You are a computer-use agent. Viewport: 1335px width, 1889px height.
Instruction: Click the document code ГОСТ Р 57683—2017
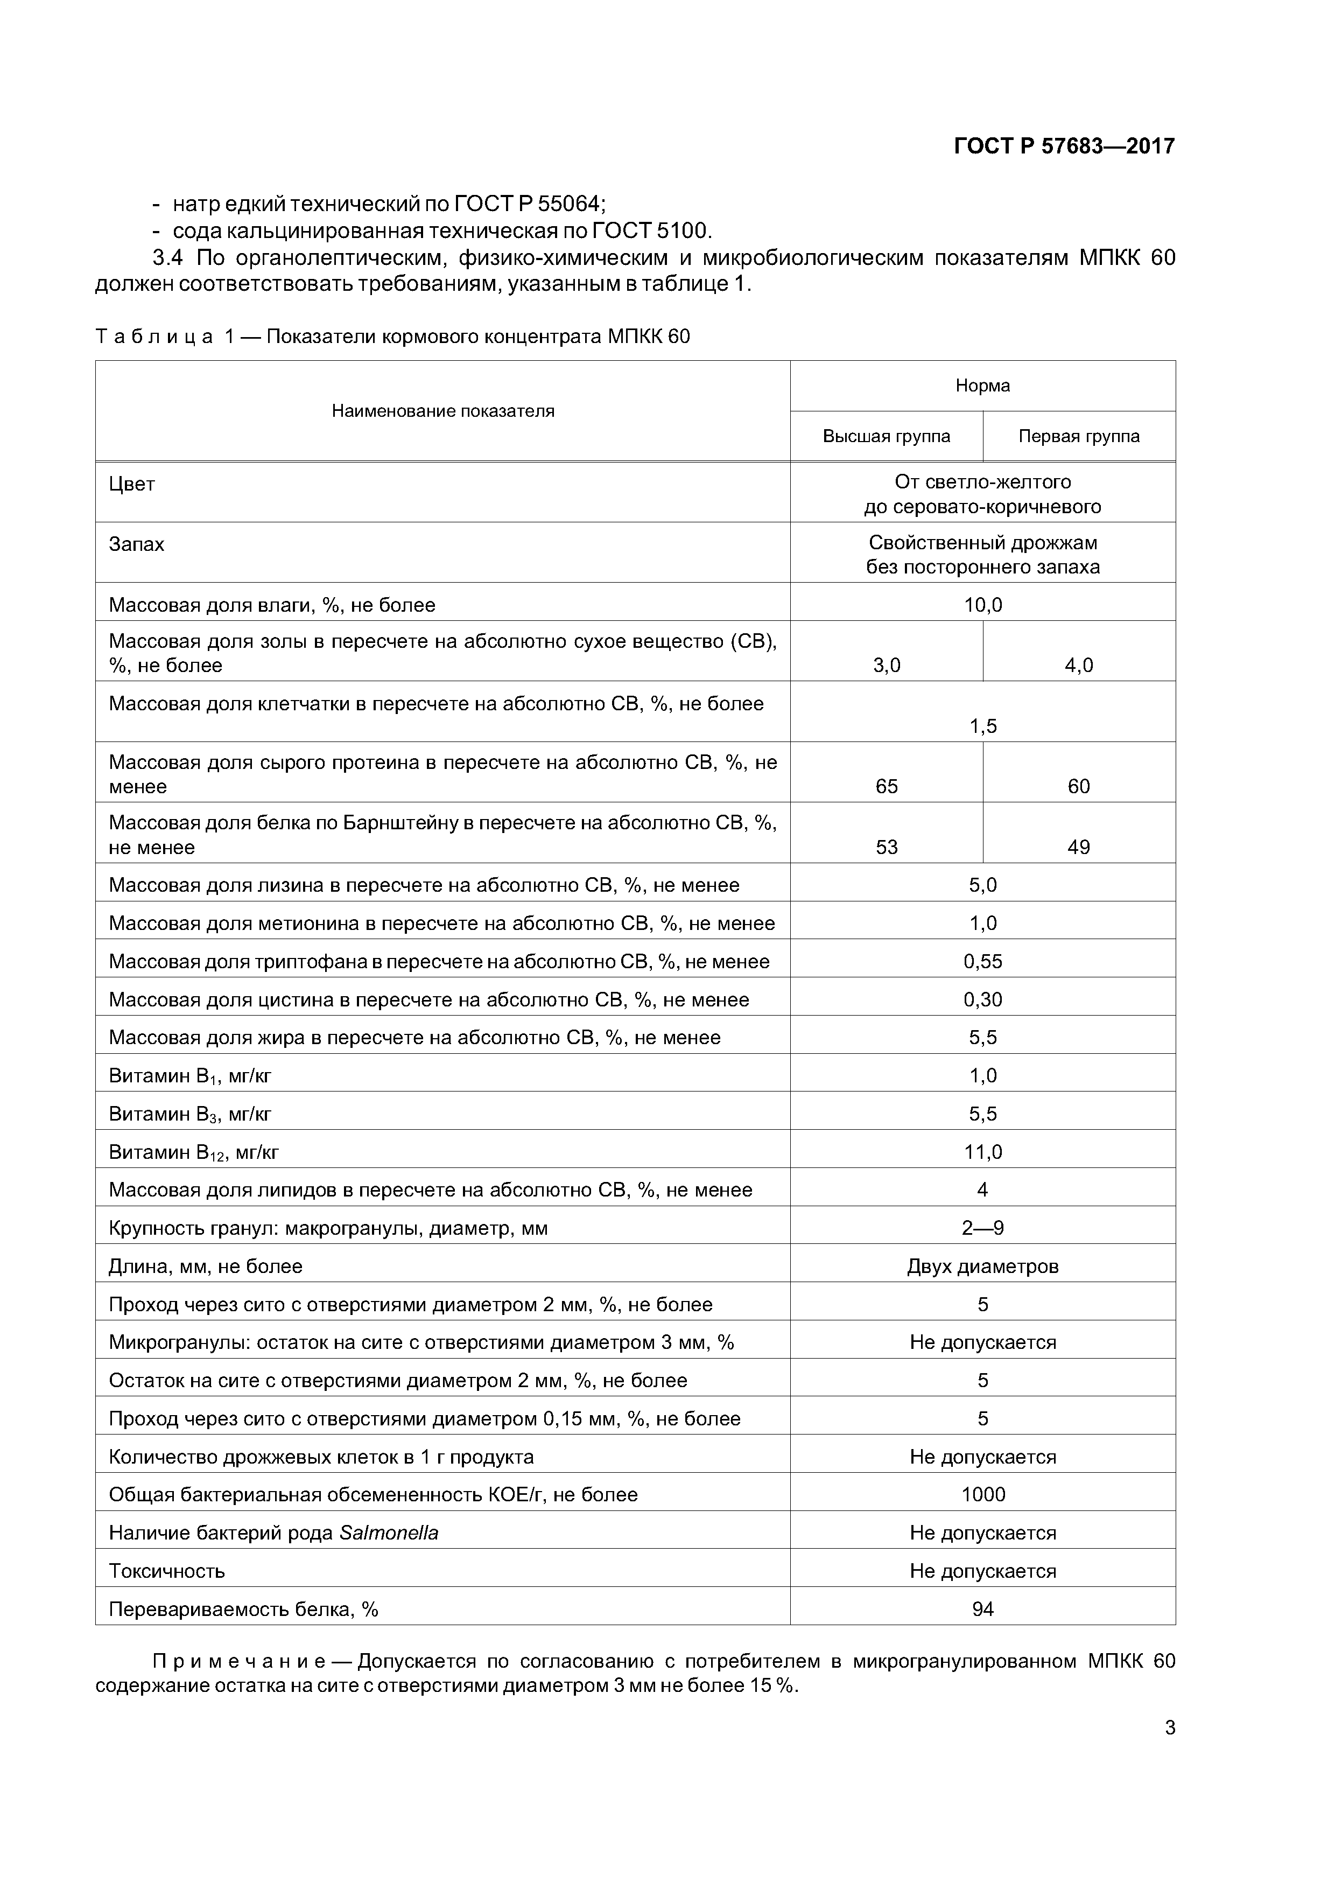pos(1064,146)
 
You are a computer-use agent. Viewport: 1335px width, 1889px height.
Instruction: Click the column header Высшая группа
pos(886,436)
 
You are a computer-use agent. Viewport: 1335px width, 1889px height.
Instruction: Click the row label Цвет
pos(131,484)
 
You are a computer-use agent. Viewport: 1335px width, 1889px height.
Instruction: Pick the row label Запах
pos(137,544)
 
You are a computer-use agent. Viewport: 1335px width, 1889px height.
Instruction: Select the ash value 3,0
pos(886,666)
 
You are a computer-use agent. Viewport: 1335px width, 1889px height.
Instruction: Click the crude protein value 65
pos(886,787)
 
